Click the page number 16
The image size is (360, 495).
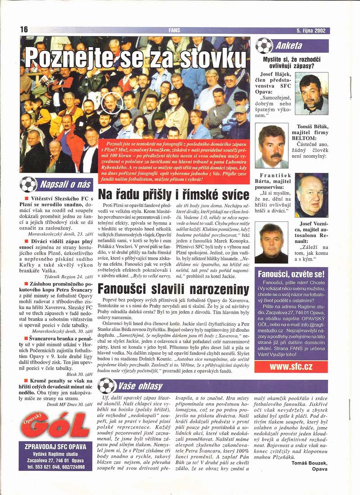24,29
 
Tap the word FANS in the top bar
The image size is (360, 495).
175,31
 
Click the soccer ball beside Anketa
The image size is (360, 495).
264,45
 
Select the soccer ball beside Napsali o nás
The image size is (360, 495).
28,184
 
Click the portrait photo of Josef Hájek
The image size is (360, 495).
311,94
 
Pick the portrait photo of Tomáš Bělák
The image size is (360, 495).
271,146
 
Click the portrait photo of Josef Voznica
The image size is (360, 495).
271,243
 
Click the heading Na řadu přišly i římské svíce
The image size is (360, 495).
174,194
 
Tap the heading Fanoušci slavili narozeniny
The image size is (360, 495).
174,288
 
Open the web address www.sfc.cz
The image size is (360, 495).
291,366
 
